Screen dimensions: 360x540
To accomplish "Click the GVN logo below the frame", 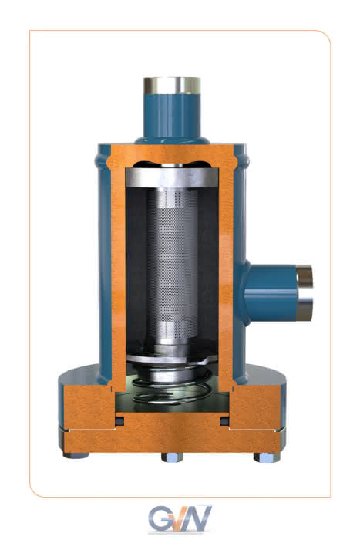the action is pos(180,519).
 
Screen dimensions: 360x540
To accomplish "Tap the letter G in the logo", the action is pos(160,518).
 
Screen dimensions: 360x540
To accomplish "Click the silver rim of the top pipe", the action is pos(172,85).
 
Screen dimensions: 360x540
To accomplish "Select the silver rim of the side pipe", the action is pos(304,292).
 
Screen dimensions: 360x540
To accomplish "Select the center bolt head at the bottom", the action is pos(172,457).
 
